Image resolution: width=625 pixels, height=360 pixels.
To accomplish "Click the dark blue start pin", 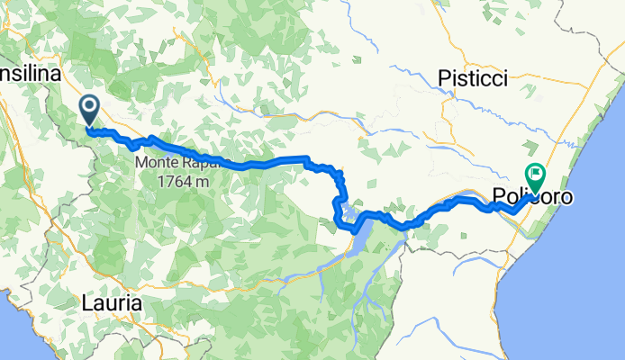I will [91, 110].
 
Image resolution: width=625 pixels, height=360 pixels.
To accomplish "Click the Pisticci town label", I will [472, 80].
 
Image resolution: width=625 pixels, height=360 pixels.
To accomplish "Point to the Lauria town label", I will [111, 304].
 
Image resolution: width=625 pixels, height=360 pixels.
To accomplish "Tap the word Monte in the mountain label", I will [157, 163].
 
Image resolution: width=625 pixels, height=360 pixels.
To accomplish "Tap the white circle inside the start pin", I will [91, 106].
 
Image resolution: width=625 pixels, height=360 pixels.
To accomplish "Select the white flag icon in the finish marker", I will [536, 173].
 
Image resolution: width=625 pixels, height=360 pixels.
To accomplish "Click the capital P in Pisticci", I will [443, 80].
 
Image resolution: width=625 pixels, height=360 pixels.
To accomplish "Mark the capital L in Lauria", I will [85, 304].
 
